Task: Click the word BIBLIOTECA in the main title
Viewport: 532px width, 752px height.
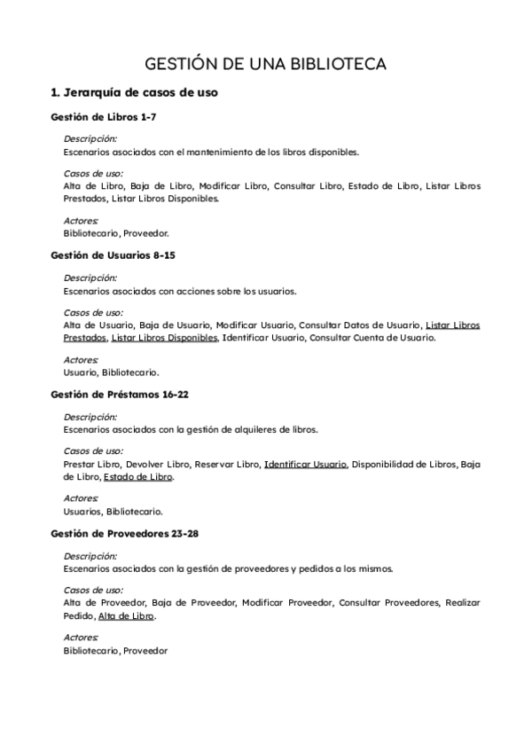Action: point(340,65)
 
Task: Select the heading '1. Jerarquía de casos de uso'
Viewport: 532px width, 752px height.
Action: point(135,91)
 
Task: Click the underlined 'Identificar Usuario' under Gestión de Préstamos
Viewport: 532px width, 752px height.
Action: point(306,464)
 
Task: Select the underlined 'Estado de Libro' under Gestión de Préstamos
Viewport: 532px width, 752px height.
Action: point(137,477)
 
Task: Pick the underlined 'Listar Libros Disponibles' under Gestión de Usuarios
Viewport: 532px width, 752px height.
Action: point(165,338)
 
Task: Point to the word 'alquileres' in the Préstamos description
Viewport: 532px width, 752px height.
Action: point(249,429)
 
